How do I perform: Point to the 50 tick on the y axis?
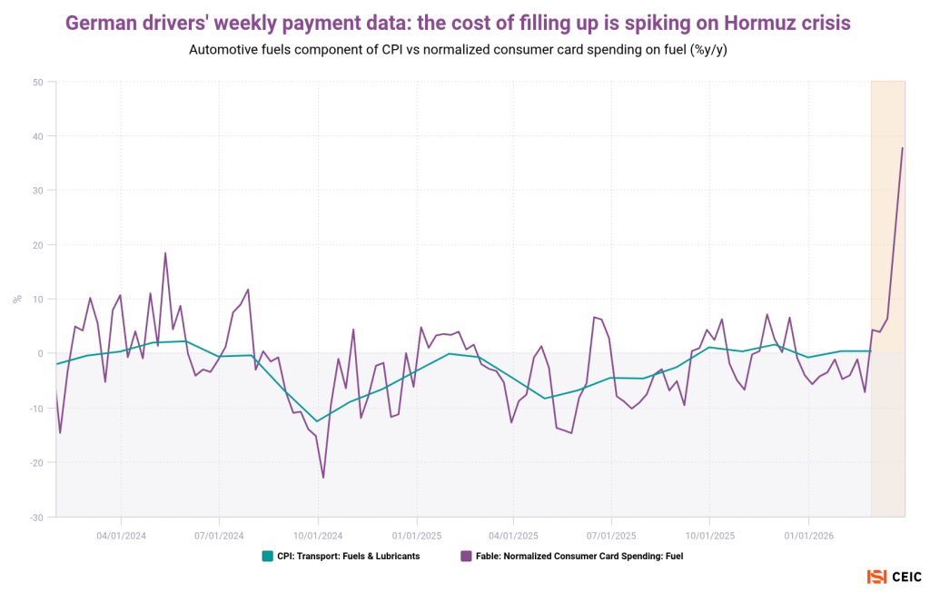[x=38, y=82]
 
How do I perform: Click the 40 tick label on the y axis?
[x=38, y=136]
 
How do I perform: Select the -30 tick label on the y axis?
[x=36, y=518]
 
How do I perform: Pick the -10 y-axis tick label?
[x=36, y=409]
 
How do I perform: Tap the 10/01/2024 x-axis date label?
[x=318, y=536]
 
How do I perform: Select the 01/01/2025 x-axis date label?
[x=416, y=536]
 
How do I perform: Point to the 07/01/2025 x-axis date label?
[x=611, y=536]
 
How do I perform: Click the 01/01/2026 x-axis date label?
[x=808, y=536]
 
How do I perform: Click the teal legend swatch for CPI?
[x=267, y=556]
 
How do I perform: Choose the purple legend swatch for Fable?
[x=466, y=556]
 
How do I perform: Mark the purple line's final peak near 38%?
[x=902, y=148]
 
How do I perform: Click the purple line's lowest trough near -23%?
[x=323, y=478]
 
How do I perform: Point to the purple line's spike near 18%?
[x=165, y=253]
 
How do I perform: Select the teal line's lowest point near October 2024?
[x=316, y=420]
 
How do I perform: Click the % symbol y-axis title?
[x=16, y=299]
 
